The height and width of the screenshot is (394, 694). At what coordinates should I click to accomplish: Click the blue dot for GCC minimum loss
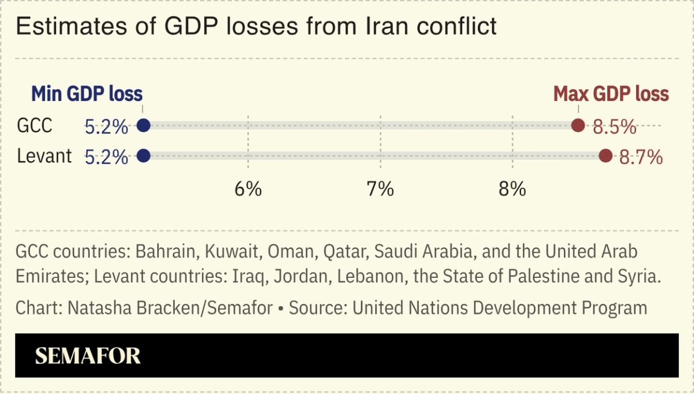[143, 126]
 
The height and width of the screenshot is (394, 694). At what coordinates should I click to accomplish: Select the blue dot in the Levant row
[143, 156]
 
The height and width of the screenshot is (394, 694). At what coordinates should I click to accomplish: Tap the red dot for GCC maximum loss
[578, 126]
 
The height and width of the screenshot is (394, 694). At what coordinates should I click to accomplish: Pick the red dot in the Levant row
[605, 156]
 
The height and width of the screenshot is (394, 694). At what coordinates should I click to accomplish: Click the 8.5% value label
[614, 127]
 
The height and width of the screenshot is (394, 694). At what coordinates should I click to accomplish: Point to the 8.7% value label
[641, 158]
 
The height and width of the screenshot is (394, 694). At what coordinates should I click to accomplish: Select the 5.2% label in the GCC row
[107, 127]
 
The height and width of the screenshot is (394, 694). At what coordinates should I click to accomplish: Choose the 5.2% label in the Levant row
[107, 158]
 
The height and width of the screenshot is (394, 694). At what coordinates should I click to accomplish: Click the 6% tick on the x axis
[248, 189]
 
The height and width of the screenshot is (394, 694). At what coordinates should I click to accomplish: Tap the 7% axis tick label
[380, 189]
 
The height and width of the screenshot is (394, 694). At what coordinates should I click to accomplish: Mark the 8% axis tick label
[512, 189]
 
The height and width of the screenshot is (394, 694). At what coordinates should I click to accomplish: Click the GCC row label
[34, 126]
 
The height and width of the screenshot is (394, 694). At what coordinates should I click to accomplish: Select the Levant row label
[44, 156]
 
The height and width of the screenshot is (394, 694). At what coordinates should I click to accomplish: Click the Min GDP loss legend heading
[87, 94]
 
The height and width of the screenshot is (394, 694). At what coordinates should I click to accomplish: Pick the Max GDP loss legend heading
[611, 94]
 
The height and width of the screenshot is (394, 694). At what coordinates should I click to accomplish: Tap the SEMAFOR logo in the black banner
[88, 356]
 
